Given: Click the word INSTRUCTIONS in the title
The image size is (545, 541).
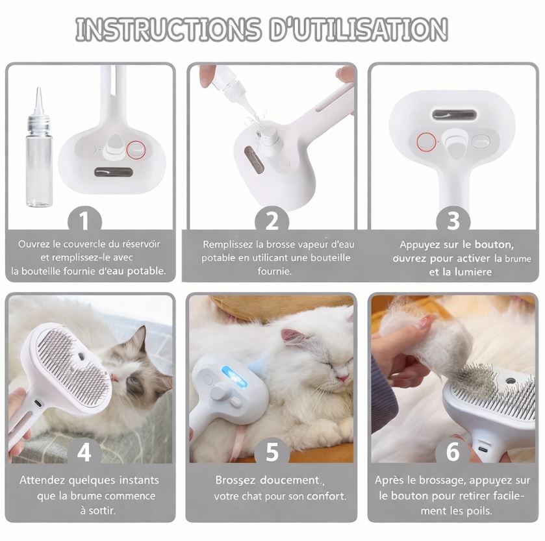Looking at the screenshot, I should tap(168, 30).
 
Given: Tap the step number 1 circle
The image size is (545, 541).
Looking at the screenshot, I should tap(84, 221).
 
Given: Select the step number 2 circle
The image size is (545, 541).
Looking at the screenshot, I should tap(272, 221).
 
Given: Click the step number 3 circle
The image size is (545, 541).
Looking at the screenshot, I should tap(453, 221).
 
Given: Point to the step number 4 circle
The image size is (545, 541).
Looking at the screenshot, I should tap(84, 452).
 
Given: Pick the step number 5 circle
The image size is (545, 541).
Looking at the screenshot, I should tap(272, 452).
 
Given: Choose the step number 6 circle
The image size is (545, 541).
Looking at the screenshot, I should tap(453, 452).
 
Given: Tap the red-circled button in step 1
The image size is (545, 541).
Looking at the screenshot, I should tap(136, 149).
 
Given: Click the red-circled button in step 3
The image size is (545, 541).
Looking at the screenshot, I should tap(426, 140).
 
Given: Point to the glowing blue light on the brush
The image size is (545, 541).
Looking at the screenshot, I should tap(231, 376).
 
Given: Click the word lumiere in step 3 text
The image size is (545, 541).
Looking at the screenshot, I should tap(468, 271).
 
